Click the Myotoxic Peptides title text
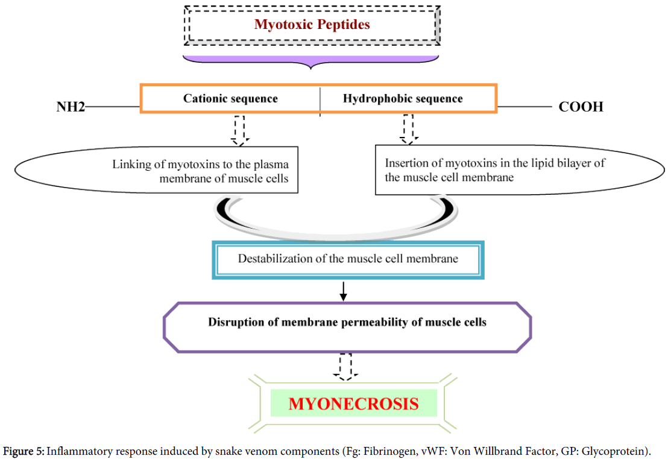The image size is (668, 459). [312, 25]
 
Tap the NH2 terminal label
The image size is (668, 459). [69, 107]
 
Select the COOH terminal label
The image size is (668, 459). [581, 107]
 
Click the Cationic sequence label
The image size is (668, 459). [230, 98]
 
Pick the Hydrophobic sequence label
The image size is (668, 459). [403, 98]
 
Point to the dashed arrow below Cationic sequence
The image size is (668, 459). [240, 130]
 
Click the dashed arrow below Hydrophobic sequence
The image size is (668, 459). [409, 130]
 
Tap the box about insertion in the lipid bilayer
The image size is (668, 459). [494, 169]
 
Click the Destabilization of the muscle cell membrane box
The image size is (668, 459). [348, 259]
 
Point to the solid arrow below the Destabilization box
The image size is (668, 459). [344, 291]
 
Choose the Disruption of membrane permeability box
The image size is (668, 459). [347, 322]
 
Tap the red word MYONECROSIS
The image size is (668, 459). [353, 403]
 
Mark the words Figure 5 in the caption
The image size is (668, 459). [24, 451]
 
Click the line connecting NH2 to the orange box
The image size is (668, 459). [113, 107]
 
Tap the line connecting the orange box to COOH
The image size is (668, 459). [524, 107]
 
